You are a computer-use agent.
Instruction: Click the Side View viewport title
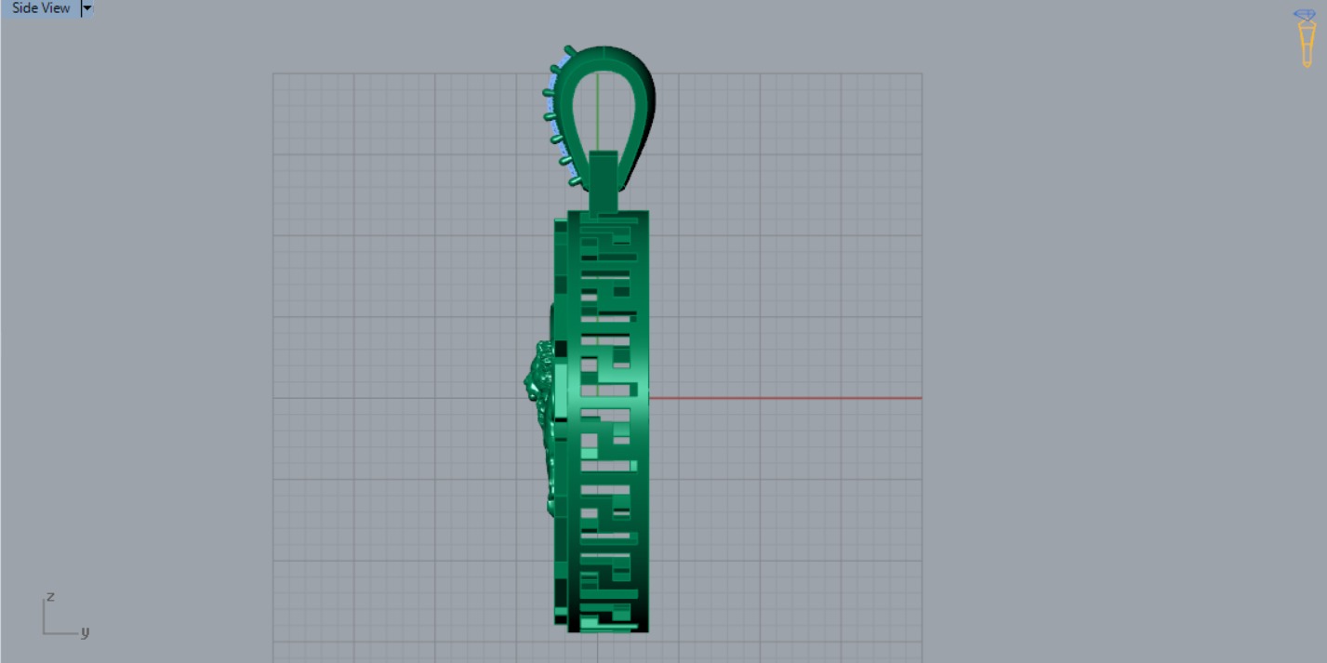(40, 8)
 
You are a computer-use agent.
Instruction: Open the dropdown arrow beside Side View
(86, 8)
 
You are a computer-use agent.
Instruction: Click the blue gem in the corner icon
(1307, 15)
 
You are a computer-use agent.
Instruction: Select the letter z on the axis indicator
(51, 596)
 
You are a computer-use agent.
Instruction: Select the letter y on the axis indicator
(85, 632)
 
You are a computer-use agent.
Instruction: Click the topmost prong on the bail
(570, 49)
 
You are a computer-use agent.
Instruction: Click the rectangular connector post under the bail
(603, 181)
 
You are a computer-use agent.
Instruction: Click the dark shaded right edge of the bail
(648, 102)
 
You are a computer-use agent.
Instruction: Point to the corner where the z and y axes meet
(45, 633)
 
